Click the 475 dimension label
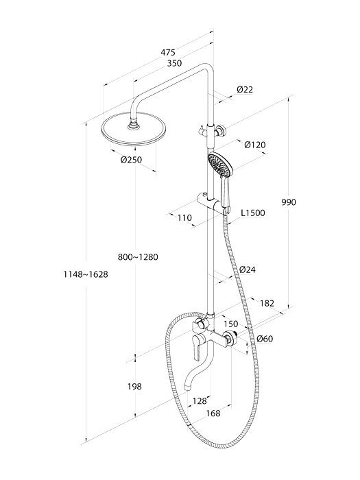(x=168, y=52)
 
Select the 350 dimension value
(x=174, y=63)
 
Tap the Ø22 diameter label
(x=245, y=89)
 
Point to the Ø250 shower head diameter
(x=132, y=160)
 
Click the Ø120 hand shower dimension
(x=255, y=145)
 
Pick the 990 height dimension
(x=289, y=202)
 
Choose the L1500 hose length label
(x=253, y=213)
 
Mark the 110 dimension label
(x=184, y=217)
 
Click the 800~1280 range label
(x=138, y=257)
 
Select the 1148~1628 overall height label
(x=86, y=274)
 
